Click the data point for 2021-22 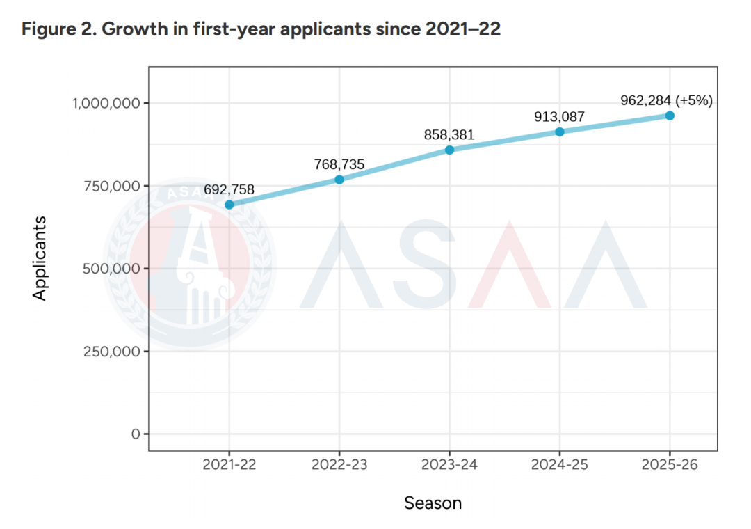click(229, 205)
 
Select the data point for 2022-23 click(339, 180)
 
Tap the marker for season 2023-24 click(449, 150)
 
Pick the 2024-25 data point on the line click(560, 132)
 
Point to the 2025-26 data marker click(670, 116)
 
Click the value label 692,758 click(229, 189)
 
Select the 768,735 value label click(339, 164)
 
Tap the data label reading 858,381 click(449, 134)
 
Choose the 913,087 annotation click(559, 116)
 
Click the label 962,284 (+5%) click(667, 100)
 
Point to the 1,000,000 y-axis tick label click(106, 104)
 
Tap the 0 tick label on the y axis click(136, 434)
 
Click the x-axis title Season click(433, 503)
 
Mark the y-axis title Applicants click(40, 258)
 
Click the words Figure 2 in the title click(54, 30)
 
